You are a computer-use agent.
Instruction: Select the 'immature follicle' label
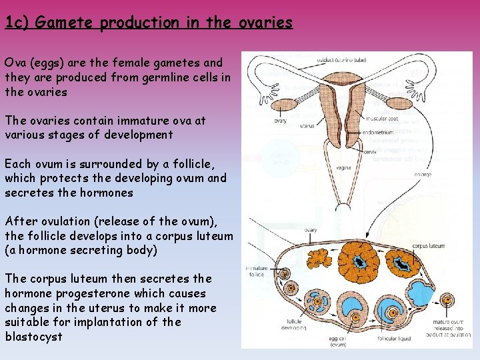pyautogui.click(x=256, y=270)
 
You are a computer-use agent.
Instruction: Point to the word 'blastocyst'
pyautogui.click(x=33, y=336)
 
